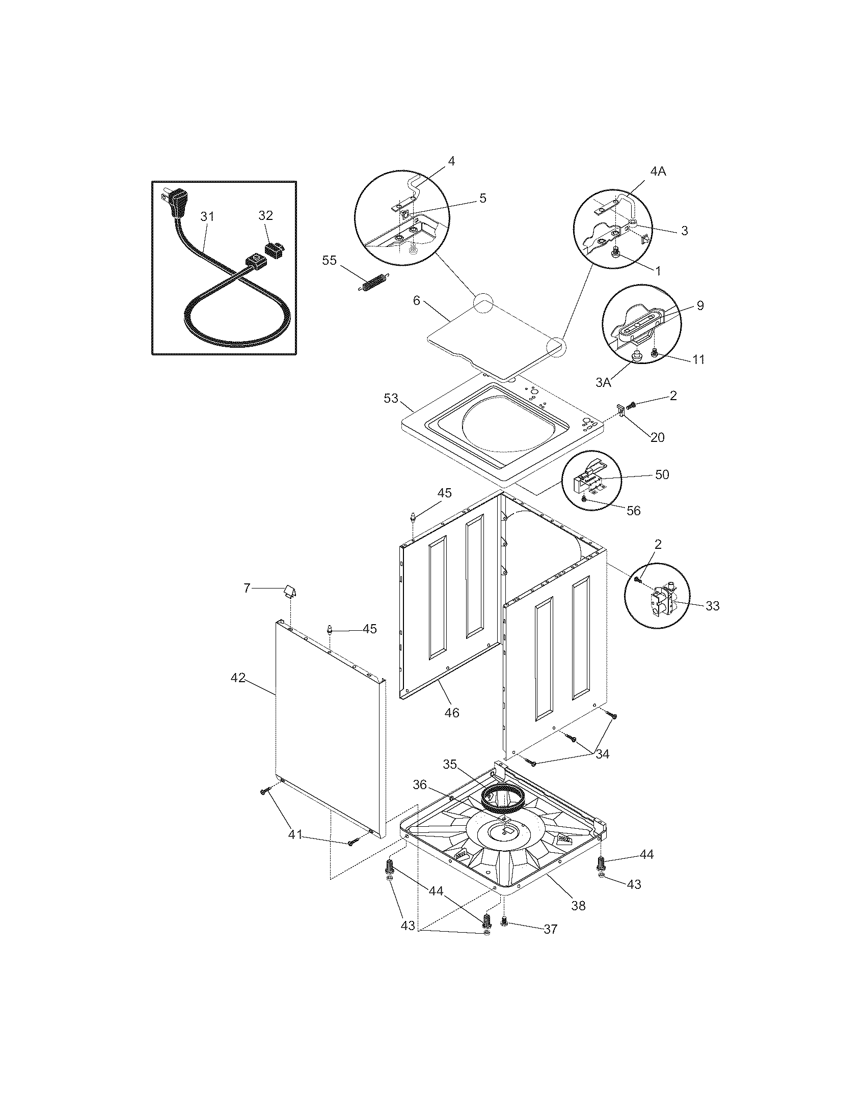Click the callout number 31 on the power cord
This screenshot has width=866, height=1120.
[207, 217]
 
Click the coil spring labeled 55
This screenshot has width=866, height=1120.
[373, 283]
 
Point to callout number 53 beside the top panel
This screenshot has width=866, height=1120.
[391, 398]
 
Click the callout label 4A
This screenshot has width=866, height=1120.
[658, 172]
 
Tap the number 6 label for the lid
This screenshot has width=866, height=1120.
[417, 300]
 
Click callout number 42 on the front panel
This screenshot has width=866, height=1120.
[237, 678]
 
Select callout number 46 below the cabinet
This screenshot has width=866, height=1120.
[451, 712]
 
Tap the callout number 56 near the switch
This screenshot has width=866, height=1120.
[634, 511]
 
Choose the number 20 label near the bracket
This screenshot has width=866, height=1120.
[657, 437]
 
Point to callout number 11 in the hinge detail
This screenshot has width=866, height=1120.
[698, 359]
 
